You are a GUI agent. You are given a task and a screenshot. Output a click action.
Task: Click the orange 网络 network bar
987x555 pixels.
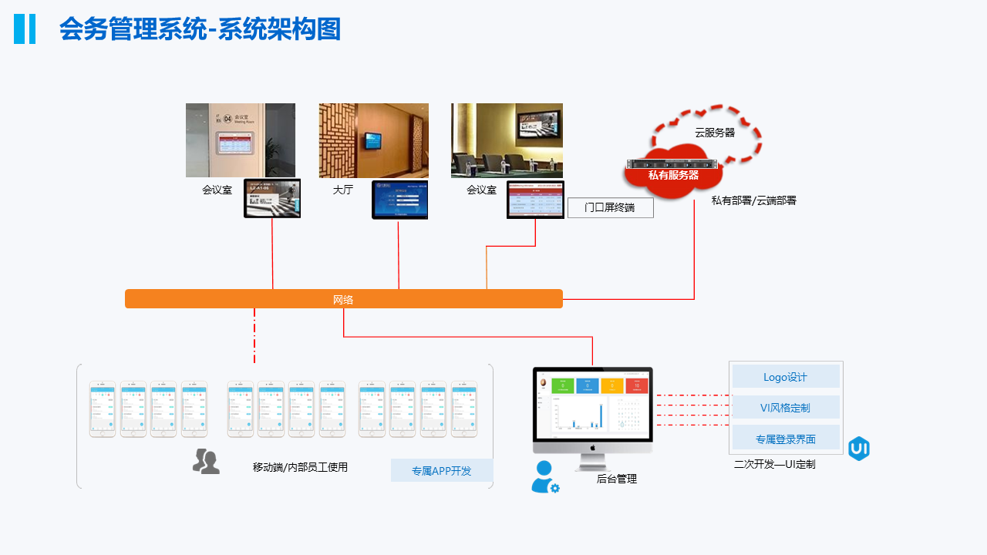click(x=343, y=299)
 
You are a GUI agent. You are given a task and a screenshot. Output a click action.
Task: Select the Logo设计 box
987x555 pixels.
click(x=786, y=377)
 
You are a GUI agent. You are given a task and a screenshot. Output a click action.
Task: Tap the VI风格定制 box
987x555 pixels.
click(x=786, y=408)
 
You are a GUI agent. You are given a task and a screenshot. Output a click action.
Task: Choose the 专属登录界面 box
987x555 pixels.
click(x=786, y=439)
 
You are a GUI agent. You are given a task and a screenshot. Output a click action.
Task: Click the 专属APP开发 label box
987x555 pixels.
click(x=441, y=470)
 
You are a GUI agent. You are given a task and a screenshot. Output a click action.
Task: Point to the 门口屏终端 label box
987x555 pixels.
click(x=610, y=207)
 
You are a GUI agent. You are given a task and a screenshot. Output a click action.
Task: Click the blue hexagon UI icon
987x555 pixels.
click(x=858, y=449)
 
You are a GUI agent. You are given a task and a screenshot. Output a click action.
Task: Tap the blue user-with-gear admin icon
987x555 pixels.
click(x=544, y=477)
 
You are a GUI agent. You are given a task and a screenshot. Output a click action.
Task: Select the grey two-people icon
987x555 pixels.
click(x=206, y=461)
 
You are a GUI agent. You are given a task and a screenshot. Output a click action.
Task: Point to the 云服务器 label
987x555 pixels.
click(x=715, y=133)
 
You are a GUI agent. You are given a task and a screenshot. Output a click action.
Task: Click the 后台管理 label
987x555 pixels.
click(x=617, y=479)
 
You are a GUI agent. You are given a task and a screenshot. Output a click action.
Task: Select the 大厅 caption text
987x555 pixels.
click(x=343, y=190)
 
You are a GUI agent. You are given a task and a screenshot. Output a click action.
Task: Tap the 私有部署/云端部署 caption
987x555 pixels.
click(x=753, y=200)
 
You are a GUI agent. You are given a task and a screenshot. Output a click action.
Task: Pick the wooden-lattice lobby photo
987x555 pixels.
click(x=373, y=140)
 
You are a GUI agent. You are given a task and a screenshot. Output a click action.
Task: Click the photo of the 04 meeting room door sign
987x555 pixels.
click(x=240, y=140)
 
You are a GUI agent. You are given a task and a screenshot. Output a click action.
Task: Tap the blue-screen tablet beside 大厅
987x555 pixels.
click(x=399, y=200)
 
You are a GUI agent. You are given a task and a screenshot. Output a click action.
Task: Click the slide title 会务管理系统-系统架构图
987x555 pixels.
click(x=200, y=29)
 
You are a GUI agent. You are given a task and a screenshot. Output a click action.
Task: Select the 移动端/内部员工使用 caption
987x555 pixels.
click(x=300, y=467)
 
